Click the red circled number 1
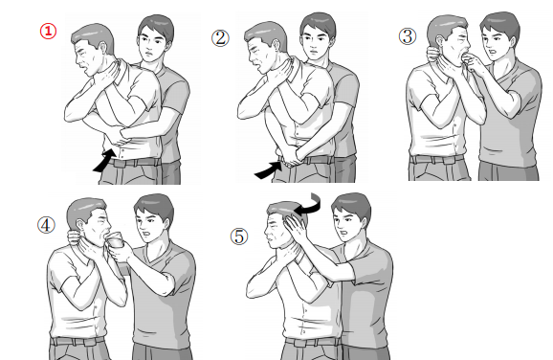coord(48,31)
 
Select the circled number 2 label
coord(220,38)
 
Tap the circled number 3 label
coord(408,36)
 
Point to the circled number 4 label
coord(46,225)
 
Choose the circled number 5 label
coord(239,236)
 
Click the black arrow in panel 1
coord(105,160)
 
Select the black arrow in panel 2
coord(269,169)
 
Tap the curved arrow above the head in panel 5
coord(310,205)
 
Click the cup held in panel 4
coord(117,240)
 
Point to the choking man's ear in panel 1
coord(103,49)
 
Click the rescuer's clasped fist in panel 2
coord(289,157)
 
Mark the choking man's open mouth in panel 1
coord(83,66)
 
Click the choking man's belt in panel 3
coord(436,159)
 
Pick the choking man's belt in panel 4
coord(77,341)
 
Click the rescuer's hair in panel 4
coord(154,206)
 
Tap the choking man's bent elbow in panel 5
coord(254,290)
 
